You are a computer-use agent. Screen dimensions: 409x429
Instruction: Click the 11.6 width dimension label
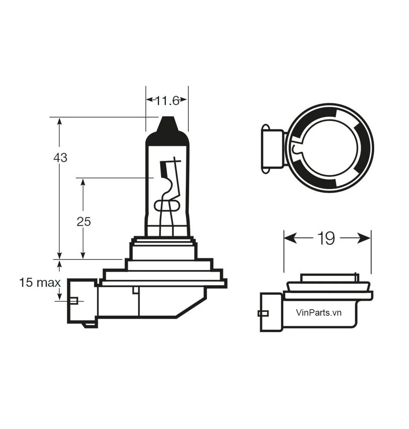coord(167,101)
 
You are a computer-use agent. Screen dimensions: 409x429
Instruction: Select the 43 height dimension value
coord(60,157)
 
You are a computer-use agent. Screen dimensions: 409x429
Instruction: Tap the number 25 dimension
coord(83,222)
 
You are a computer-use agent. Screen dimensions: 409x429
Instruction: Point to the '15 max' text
coord(40,283)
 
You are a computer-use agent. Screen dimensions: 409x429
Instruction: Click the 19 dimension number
coord(326,238)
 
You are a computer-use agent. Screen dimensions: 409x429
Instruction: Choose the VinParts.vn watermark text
coord(319,313)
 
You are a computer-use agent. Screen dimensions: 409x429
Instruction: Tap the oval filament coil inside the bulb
coord(167,206)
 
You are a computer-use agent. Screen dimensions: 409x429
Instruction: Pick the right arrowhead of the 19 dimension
coord(364,238)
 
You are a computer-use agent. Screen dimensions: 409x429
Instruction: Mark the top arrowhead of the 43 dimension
coord(59,122)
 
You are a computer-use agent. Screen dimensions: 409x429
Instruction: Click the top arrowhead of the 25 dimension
coord(83,183)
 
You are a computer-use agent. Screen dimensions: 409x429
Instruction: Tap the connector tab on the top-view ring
coord(272,149)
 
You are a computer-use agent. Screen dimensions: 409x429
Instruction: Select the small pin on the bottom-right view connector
coord(263,313)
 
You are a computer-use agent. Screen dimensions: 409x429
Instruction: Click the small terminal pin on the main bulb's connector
coord(74,301)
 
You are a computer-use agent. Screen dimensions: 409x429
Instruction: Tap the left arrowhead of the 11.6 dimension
coord(150,99)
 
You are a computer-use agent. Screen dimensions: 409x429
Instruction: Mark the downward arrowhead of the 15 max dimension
coord(59,296)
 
